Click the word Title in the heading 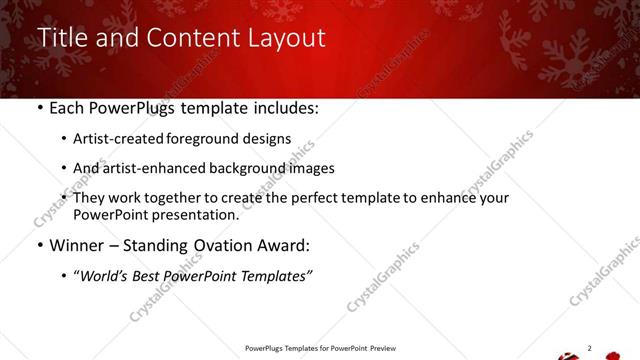click(x=61, y=39)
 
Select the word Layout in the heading click(x=285, y=39)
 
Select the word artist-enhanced click(x=148, y=169)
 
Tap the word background click(x=241, y=169)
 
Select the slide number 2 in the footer click(x=589, y=348)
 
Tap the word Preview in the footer click(x=381, y=348)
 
